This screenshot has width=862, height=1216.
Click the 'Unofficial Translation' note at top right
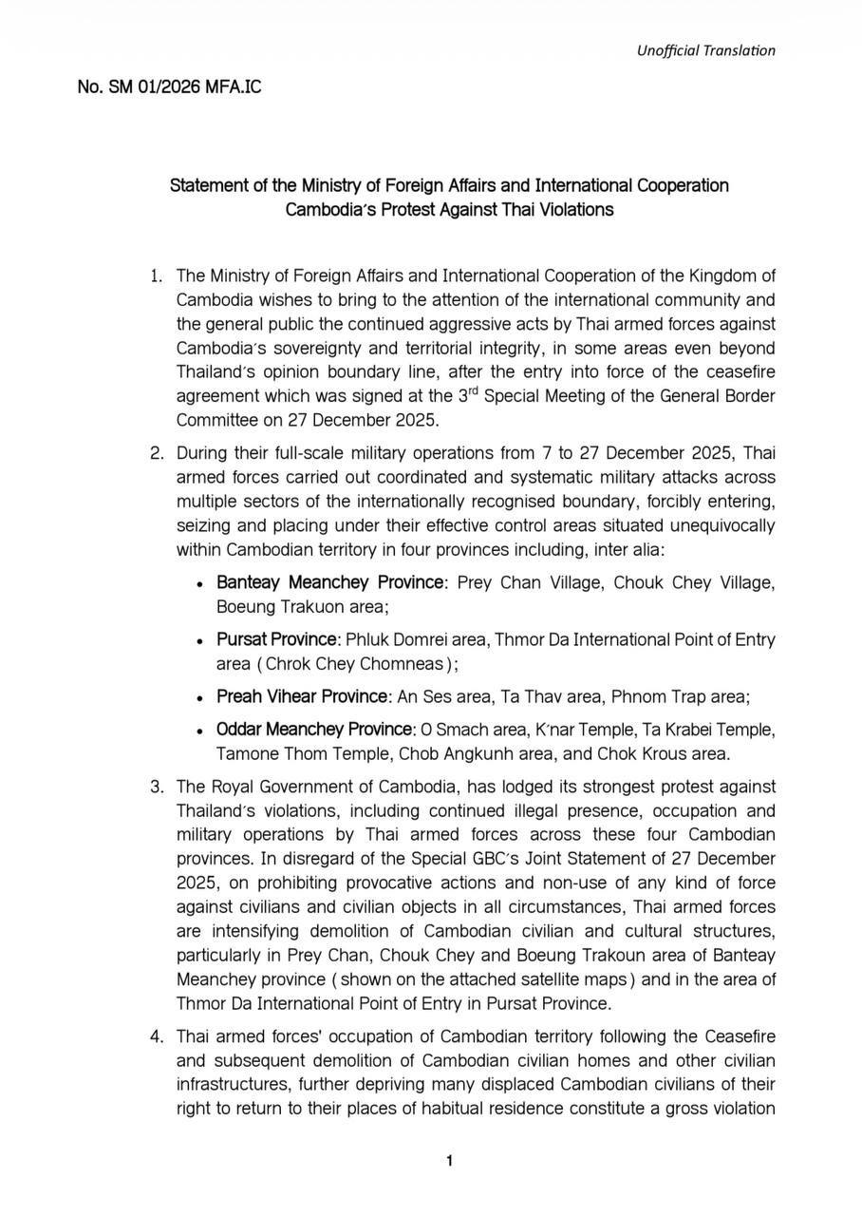click(705, 50)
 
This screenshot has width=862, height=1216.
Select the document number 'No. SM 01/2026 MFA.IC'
click(169, 87)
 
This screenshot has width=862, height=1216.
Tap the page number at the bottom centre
click(449, 1161)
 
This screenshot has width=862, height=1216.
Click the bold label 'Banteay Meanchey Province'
click(329, 581)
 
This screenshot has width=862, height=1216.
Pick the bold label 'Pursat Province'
click(277, 639)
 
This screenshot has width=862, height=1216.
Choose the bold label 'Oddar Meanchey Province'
click(315, 730)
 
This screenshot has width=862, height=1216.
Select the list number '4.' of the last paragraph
click(158, 1035)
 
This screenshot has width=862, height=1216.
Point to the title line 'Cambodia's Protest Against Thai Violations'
click(449, 209)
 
